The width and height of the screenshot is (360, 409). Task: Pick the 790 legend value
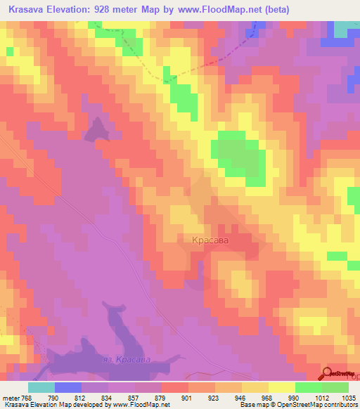55,397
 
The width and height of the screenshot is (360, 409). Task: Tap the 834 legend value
108,397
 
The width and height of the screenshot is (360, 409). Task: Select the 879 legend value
162,397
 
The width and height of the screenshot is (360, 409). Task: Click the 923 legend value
215,397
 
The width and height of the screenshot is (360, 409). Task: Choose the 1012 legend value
322,397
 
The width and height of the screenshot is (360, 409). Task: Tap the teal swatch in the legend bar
41,387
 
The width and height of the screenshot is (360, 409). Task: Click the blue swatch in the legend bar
68,387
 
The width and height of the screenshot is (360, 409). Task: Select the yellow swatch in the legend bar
282,387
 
